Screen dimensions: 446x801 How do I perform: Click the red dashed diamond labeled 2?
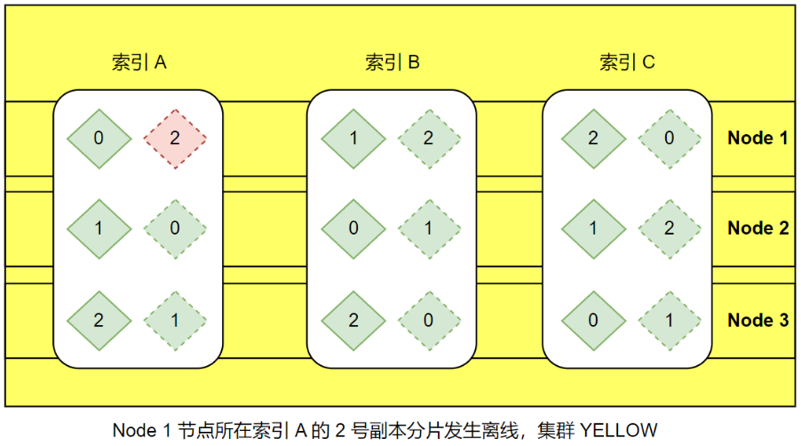click(x=175, y=138)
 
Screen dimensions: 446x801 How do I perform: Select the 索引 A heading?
click(x=139, y=63)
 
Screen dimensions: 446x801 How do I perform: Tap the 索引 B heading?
click(x=392, y=63)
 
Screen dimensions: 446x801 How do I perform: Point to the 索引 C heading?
click(x=627, y=63)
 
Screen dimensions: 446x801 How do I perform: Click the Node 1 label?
click(x=757, y=138)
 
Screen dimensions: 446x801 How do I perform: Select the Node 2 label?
click(x=757, y=228)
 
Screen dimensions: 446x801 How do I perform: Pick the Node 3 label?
click(x=757, y=320)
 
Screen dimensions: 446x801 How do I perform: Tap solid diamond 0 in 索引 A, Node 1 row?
click(x=99, y=138)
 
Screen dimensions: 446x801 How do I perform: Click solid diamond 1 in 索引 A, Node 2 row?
click(x=99, y=228)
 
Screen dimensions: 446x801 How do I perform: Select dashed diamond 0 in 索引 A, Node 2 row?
click(x=175, y=228)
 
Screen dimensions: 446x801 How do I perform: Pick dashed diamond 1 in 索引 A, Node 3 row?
click(x=175, y=321)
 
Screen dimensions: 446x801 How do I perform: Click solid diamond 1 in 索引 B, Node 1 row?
click(x=353, y=138)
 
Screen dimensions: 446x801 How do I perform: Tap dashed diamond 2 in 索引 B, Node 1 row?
click(x=429, y=138)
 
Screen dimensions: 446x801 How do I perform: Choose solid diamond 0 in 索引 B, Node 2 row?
click(x=353, y=228)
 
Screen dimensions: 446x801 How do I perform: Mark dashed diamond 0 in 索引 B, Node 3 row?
click(x=429, y=321)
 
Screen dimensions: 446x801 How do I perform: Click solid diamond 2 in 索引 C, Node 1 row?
click(x=593, y=138)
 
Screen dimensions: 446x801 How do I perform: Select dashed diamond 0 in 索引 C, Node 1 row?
click(x=669, y=138)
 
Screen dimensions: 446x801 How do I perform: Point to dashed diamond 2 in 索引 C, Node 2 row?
click(x=669, y=228)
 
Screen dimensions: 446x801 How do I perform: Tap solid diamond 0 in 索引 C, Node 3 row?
click(x=593, y=321)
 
